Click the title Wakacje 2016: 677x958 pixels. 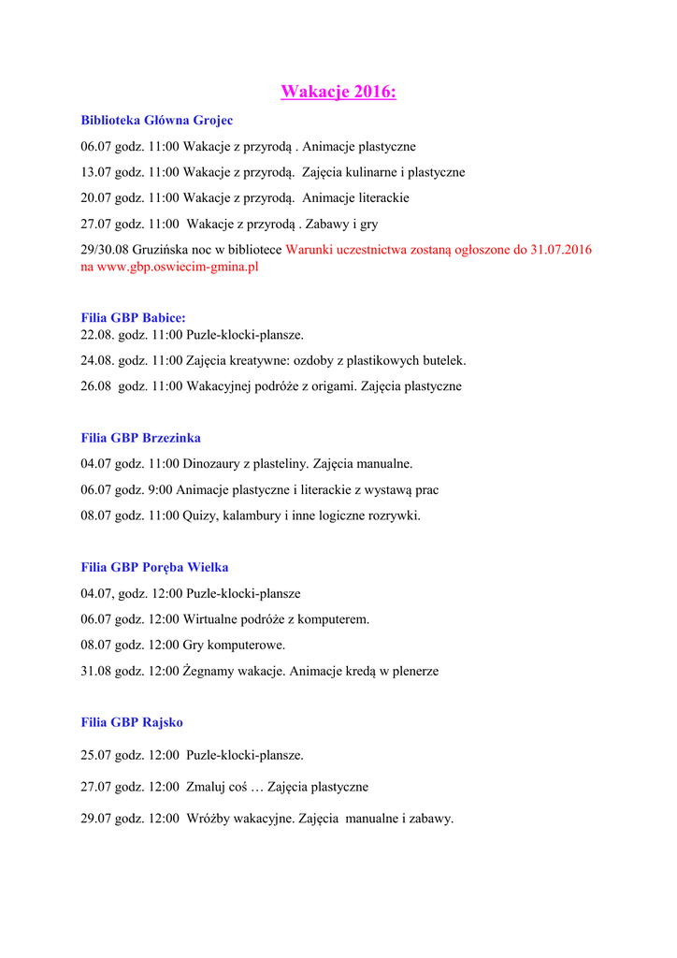[338, 92]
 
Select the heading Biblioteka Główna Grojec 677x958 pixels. [157, 120]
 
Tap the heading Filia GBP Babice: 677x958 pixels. [134, 318]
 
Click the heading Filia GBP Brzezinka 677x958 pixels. [141, 438]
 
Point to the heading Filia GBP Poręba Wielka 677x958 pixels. [155, 567]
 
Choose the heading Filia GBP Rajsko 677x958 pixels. [132, 722]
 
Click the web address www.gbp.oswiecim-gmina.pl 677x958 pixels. [178, 267]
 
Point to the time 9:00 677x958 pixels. [159, 489]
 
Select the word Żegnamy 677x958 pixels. [213, 671]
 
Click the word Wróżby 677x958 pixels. [209, 819]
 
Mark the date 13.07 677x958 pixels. [96, 172]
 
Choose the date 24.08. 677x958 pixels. [97, 360]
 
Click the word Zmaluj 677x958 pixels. [208, 788]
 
